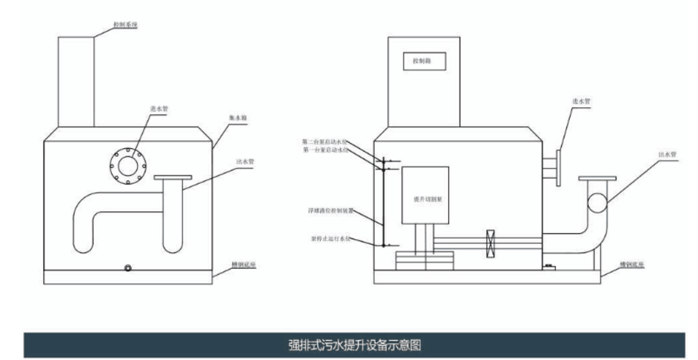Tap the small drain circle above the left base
[129, 267]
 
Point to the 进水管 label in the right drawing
[581, 102]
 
